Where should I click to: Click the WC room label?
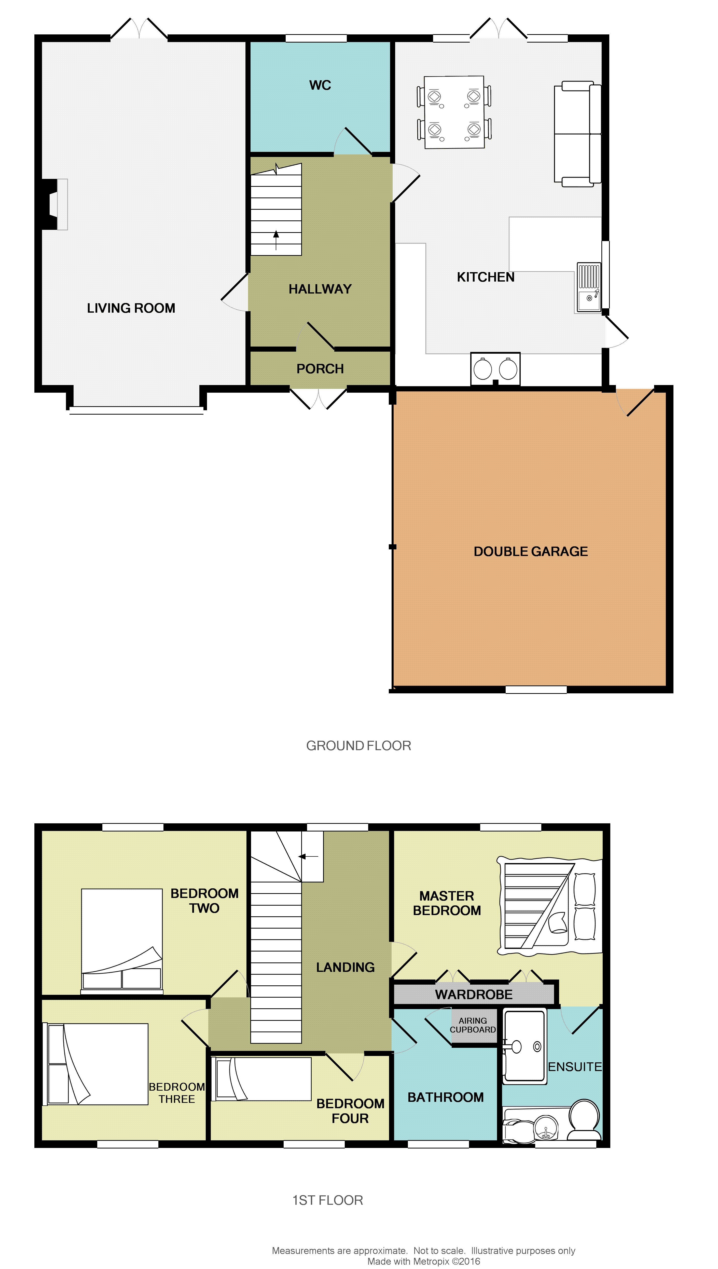(320, 85)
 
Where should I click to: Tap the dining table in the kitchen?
(454, 112)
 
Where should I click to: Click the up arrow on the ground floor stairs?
(276, 240)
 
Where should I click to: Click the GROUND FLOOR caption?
(358, 746)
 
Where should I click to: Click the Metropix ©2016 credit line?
(424, 1261)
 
